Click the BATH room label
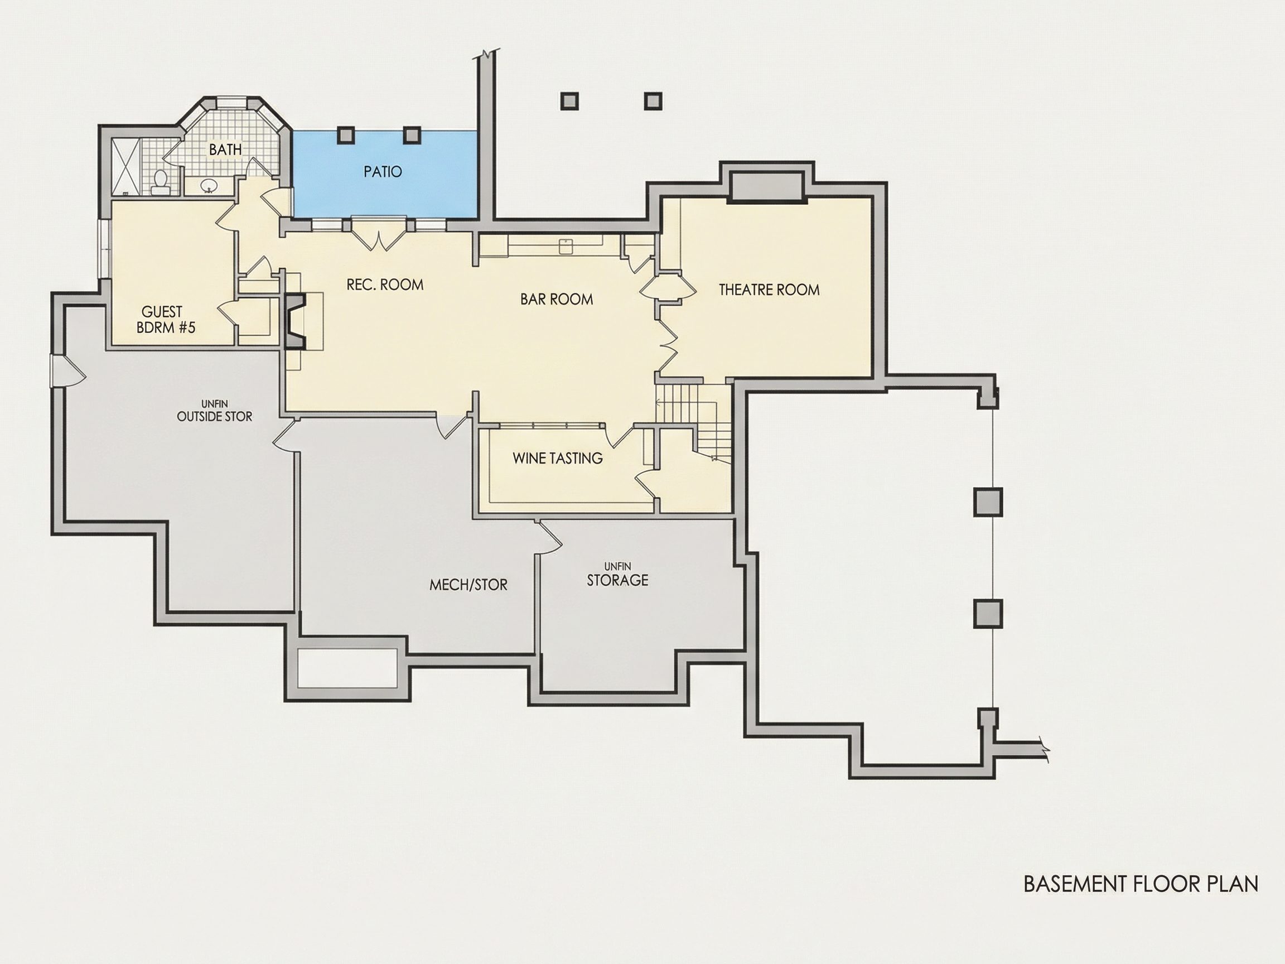pos(225,150)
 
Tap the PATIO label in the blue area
pos(383,172)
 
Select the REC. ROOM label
pos(385,285)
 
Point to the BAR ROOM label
pos(557,299)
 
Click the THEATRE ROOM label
pos(769,290)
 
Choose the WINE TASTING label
pos(558,459)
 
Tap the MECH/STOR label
pos(468,585)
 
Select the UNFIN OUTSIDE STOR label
pos(214,411)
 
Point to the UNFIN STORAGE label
pos(617,575)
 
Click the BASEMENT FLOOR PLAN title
pos(1141,884)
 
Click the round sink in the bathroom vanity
pos(209,186)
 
